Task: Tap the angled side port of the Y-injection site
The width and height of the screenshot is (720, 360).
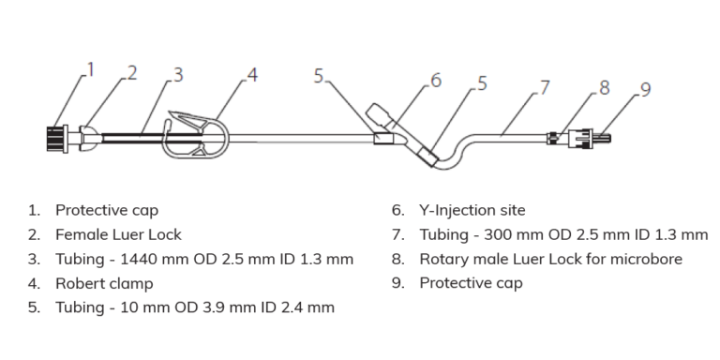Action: point(383,116)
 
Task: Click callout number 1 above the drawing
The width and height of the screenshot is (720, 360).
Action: point(91,68)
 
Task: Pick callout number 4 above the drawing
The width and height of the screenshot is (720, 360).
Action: point(252,74)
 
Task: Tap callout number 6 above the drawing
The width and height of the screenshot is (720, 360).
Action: point(436,82)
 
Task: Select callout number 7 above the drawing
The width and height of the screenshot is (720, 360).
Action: point(545,86)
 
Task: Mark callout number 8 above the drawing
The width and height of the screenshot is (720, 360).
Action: point(604,87)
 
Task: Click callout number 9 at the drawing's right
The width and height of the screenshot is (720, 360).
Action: point(645,89)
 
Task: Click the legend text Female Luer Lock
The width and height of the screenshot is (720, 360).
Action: point(118,234)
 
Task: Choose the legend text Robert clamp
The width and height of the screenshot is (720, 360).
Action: point(104,283)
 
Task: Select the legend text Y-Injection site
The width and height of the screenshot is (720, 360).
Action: point(472,210)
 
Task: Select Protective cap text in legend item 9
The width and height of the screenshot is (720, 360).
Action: point(471,283)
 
